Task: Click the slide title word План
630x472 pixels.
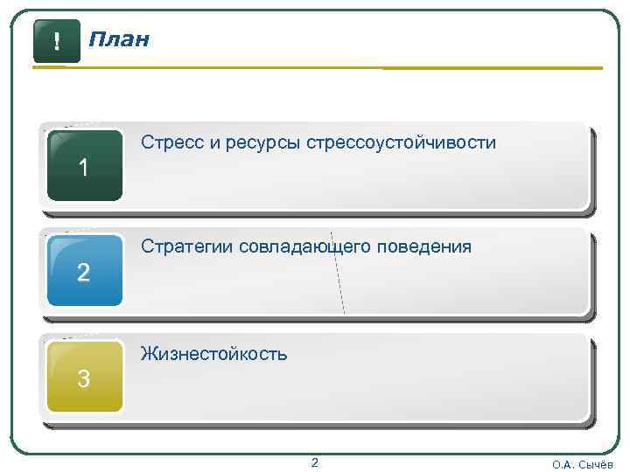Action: pos(119,40)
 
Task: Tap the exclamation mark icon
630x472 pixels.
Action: pos(57,41)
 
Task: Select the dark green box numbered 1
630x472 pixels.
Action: pos(84,165)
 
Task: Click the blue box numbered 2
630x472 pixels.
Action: pos(84,271)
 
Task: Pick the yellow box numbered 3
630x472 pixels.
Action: pos(84,377)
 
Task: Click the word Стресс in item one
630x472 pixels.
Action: pos(172,142)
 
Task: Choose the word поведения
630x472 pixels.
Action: pos(424,247)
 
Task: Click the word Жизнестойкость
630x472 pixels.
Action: pos(213,354)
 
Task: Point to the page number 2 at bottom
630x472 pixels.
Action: pos(315,462)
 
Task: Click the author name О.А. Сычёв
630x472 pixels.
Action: pos(583,464)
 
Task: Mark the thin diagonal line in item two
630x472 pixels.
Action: pos(338,271)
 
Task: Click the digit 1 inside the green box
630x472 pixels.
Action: pos(83,168)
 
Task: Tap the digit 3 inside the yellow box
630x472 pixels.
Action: pos(83,379)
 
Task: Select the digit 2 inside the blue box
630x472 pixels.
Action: pos(83,274)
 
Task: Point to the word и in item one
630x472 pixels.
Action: pos(214,142)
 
